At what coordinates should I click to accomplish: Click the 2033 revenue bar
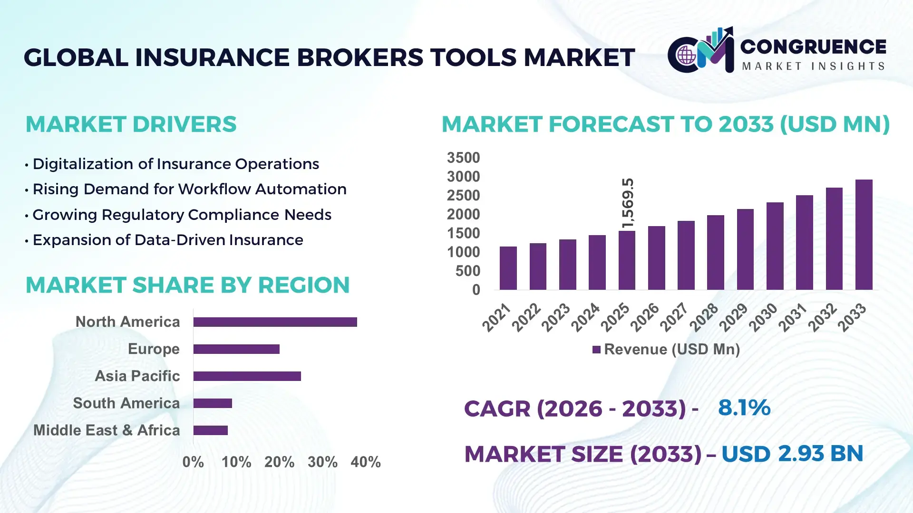(x=864, y=235)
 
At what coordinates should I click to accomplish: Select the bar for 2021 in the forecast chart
(x=508, y=268)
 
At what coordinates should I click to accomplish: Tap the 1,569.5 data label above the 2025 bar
(x=628, y=203)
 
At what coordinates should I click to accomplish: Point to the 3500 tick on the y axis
(x=463, y=158)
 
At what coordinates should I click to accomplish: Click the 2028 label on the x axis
(x=704, y=317)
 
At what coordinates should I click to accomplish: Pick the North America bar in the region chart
(x=275, y=322)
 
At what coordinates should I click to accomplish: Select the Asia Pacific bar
(x=247, y=376)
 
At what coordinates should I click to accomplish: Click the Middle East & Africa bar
(x=210, y=430)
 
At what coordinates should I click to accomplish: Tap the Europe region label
(x=154, y=349)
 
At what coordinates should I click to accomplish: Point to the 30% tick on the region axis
(x=322, y=462)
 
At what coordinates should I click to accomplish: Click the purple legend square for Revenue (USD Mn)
(x=596, y=350)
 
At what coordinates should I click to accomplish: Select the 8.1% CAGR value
(x=744, y=408)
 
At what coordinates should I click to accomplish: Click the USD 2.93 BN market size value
(x=792, y=454)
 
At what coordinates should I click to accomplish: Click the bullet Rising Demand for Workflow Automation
(x=189, y=189)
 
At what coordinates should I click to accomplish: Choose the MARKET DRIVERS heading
(x=131, y=124)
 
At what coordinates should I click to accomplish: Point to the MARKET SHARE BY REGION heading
(x=187, y=285)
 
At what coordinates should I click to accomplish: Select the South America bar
(x=213, y=403)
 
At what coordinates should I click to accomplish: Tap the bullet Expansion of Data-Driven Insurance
(x=167, y=240)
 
